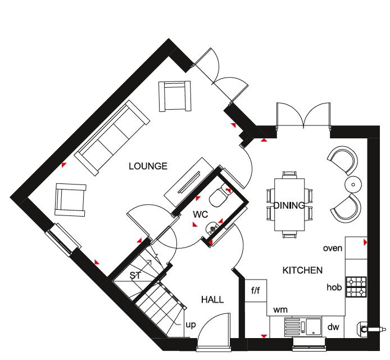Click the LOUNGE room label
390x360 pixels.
[148, 166]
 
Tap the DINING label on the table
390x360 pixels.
[289, 205]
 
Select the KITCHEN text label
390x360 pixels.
[302, 270]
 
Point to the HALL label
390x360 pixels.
[212, 299]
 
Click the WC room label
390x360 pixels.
[200, 214]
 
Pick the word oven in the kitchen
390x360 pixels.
[333, 248]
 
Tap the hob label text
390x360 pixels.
[334, 287]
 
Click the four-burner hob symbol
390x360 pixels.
[356, 287]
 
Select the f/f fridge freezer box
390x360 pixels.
[256, 291]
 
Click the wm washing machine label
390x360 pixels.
[280, 310]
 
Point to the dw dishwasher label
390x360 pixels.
[333, 327]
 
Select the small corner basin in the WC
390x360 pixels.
[212, 228]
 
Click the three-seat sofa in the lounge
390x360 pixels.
[112, 138]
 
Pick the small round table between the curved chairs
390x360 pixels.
[353, 184]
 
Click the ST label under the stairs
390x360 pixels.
[135, 276]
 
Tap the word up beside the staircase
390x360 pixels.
[191, 325]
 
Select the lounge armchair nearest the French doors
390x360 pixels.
[175, 96]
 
